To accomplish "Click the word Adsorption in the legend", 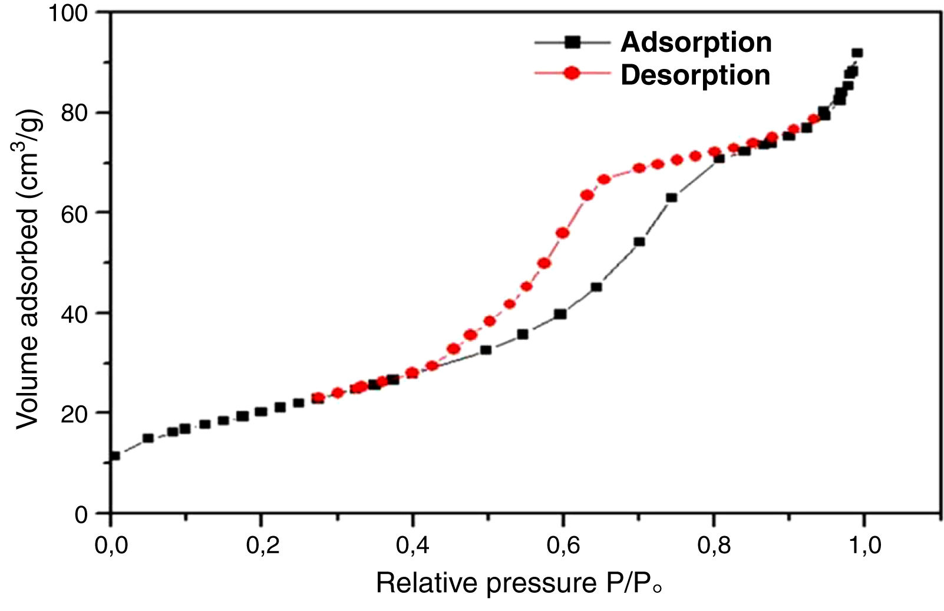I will (x=696, y=42).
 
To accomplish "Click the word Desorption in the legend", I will (x=695, y=75).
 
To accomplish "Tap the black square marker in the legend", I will (x=572, y=42).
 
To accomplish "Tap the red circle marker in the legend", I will (x=572, y=74).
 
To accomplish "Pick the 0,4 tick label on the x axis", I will (x=412, y=546).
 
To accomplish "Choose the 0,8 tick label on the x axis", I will (x=714, y=546).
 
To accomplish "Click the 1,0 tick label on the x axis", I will (x=864, y=546).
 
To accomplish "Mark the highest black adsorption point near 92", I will (x=857, y=53).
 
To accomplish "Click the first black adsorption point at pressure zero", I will (x=115, y=455).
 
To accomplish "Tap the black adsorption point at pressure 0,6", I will (x=560, y=314).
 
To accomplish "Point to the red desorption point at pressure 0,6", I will (x=563, y=233).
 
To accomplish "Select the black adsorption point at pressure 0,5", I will (x=486, y=350).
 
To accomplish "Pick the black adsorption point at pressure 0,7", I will (x=639, y=242).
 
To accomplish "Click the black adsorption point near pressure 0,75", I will (x=671, y=198).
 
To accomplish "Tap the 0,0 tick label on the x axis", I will (x=111, y=546).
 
